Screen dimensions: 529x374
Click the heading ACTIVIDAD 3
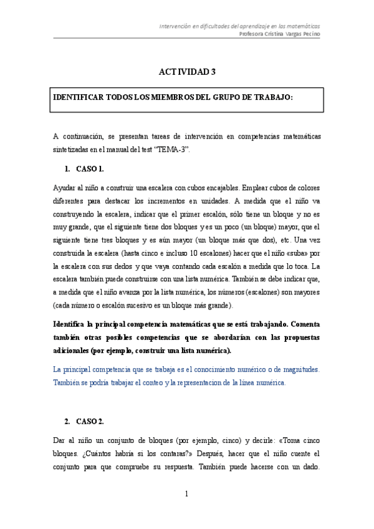point(186,72)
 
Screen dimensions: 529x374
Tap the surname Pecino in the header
point(309,34)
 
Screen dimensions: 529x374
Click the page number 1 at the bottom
point(186,494)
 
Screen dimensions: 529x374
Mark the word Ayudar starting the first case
point(65,187)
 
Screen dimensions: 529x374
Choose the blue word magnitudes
point(300,369)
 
